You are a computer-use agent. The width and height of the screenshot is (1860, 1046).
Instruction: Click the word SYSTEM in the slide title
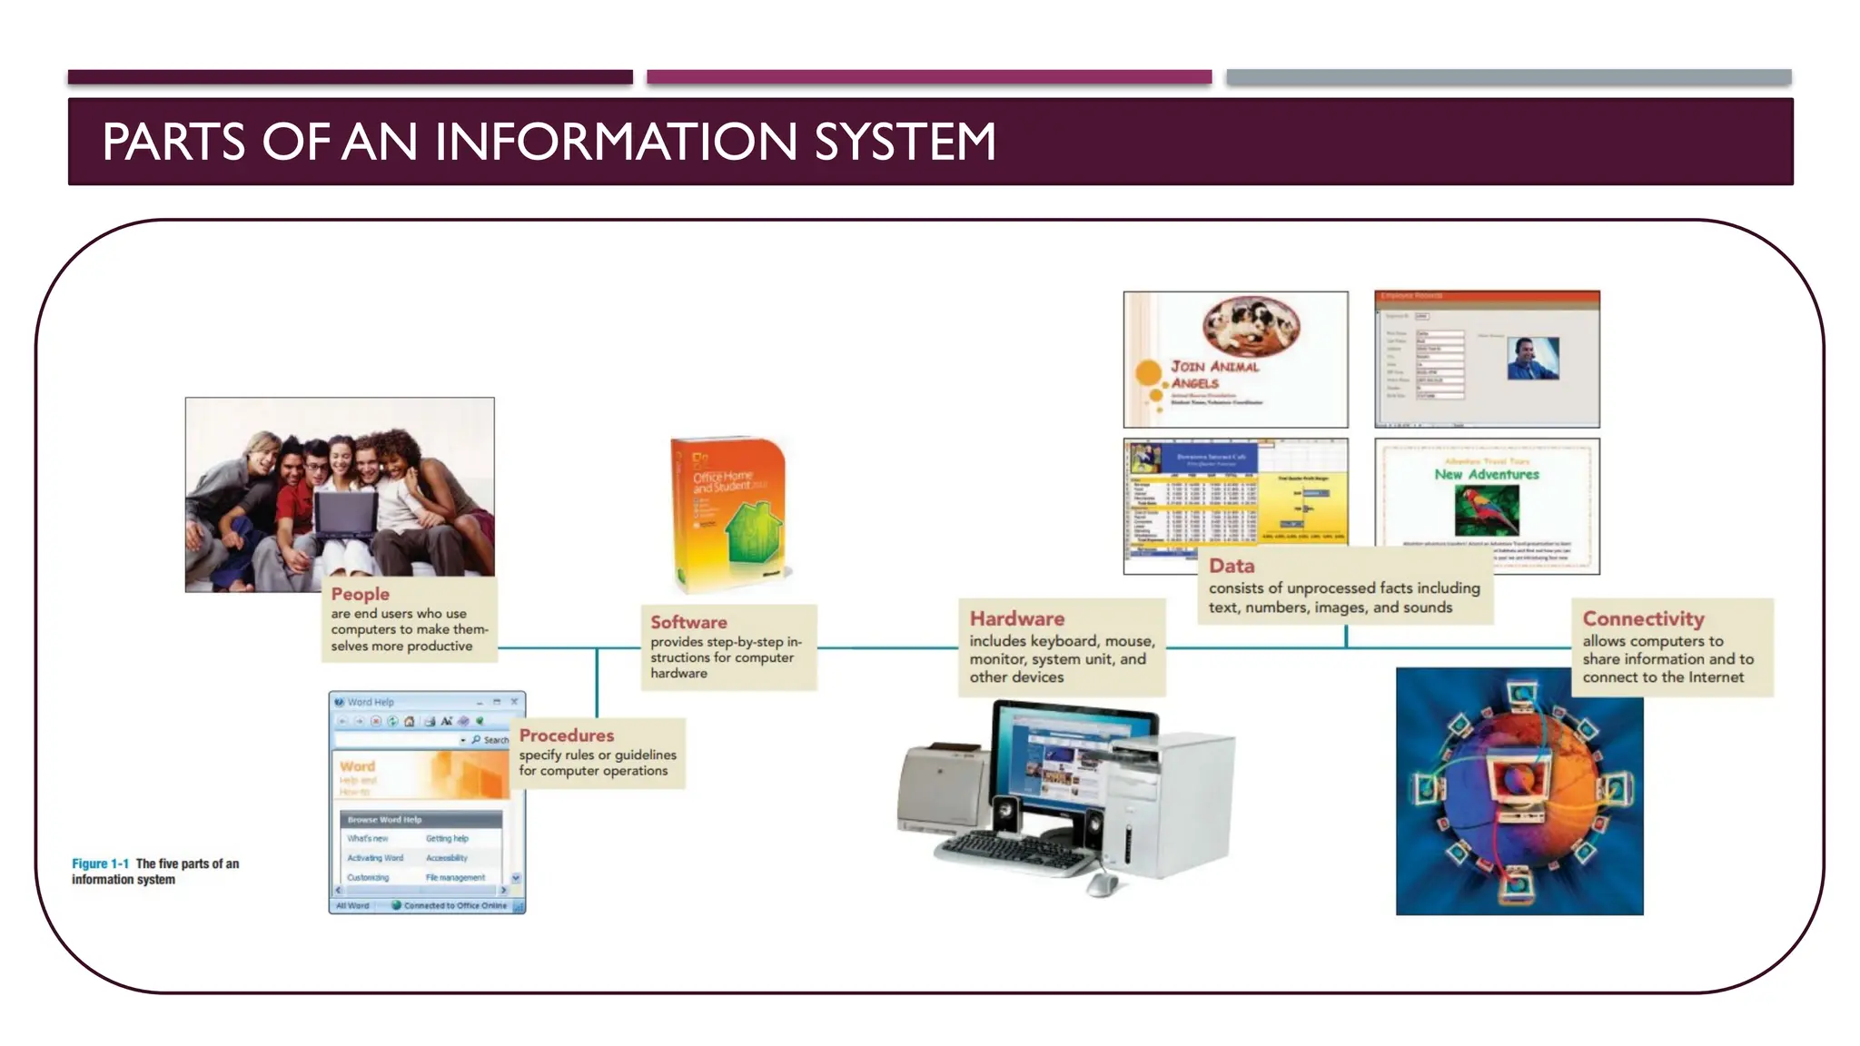click(x=905, y=143)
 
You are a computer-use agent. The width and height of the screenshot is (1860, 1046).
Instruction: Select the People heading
click(x=360, y=594)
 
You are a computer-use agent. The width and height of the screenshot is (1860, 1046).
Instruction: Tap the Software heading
click(x=688, y=622)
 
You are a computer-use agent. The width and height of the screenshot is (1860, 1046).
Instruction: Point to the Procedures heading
click(x=566, y=735)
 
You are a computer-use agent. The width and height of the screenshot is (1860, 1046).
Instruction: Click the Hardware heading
click(x=1016, y=618)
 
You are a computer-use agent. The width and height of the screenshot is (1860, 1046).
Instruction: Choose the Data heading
click(x=1231, y=566)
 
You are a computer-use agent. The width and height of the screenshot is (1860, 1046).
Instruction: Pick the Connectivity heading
click(x=1643, y=618)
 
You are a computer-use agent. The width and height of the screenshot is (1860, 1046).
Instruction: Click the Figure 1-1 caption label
click(x=100, y=863)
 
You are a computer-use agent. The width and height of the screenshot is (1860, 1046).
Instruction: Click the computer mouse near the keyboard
click(x=1102, y=882)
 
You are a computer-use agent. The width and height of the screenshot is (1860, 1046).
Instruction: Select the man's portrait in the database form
click(x=1532, y=358)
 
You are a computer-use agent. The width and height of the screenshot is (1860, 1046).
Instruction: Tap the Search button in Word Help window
click(x=490, y=740)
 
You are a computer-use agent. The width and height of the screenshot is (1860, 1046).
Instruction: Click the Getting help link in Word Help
click(x=447, y=838)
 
